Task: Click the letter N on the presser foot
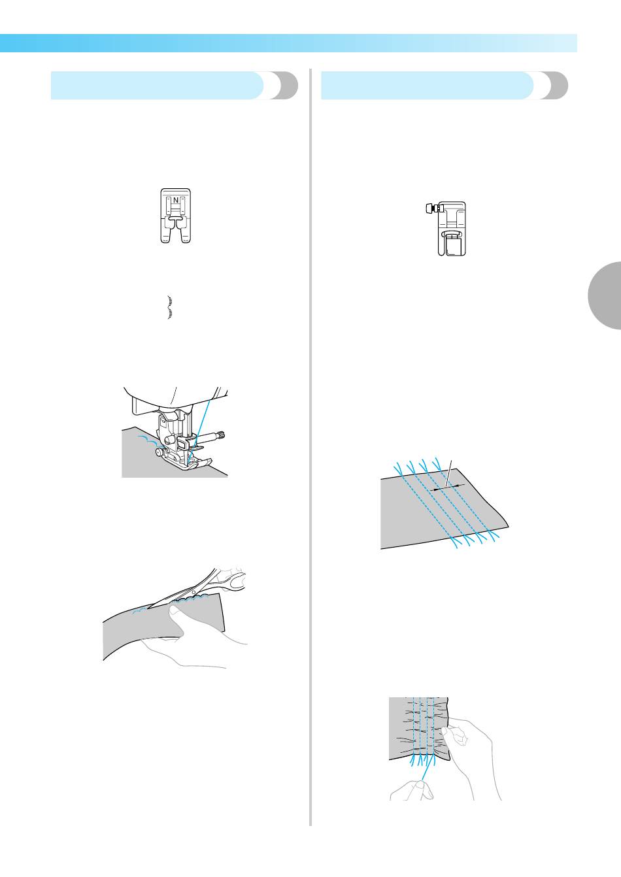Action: tap(176, 200)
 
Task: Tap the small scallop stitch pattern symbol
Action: tap(170, 307)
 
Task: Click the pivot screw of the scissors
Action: tap(193, 594)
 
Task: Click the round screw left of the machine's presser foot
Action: tap(159, 452)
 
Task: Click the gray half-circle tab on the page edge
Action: tap(605, 295)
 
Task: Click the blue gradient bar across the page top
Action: tap(288, 43)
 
